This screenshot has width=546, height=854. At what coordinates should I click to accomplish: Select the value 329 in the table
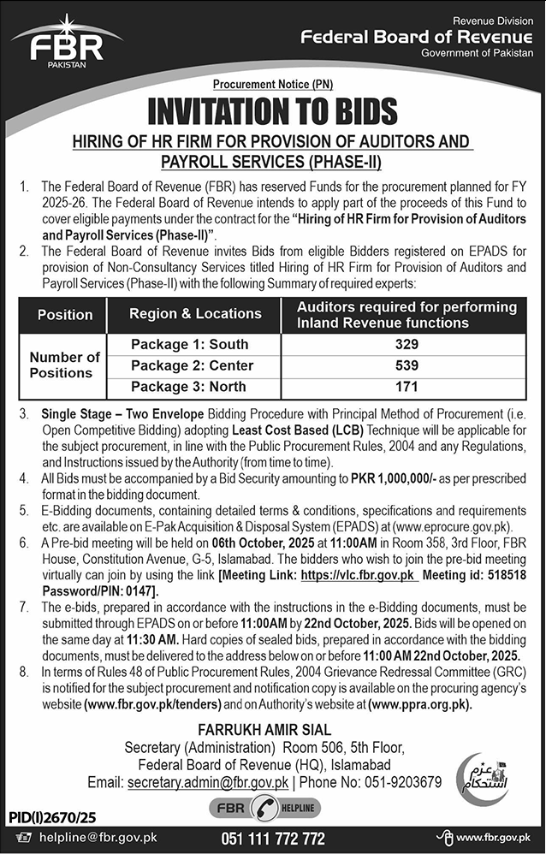pos(407,344)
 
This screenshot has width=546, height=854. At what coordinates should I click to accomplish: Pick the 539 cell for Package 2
pos(407,365)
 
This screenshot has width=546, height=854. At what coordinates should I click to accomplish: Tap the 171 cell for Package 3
pos(407,387)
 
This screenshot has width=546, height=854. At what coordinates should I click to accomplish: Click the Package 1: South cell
pos(189,344)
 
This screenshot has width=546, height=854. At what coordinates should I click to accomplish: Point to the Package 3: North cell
pos(189,387)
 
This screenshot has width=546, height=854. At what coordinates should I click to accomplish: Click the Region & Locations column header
pos(195,314)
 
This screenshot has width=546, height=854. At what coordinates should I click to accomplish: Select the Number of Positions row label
pos(65,365)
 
